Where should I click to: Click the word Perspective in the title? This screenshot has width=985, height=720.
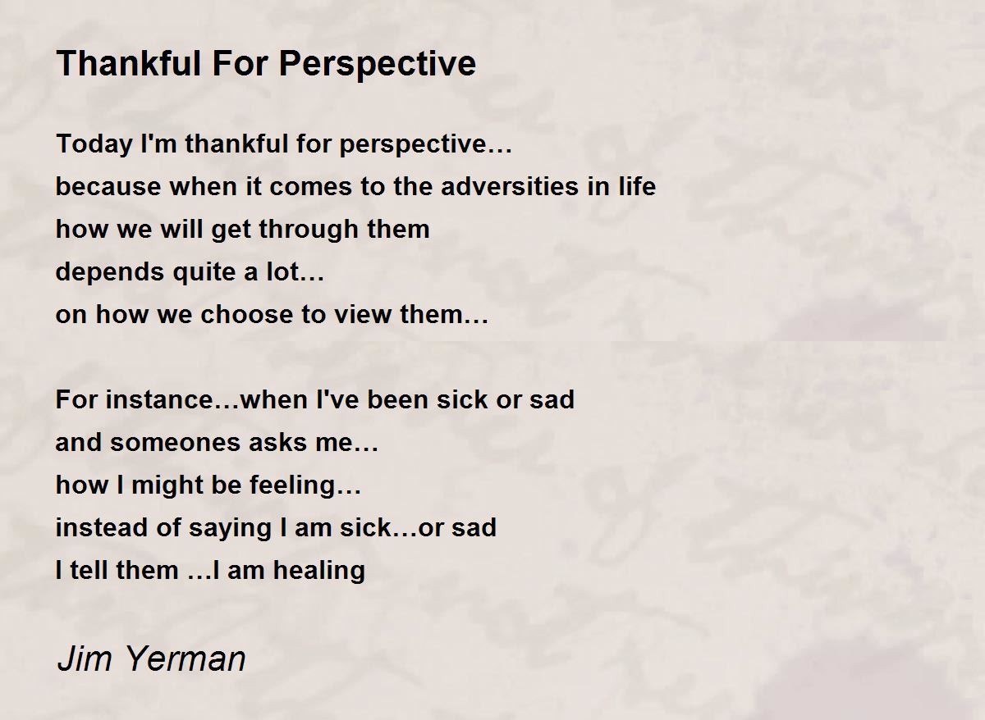point(378,65)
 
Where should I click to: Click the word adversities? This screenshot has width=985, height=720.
point(510,186)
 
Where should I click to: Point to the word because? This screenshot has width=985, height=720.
point(108,186)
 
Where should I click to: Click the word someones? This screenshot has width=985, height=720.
point(175,442)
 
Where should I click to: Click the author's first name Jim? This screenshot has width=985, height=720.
point(85,658)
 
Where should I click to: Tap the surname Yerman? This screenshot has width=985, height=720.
point(186,658)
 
